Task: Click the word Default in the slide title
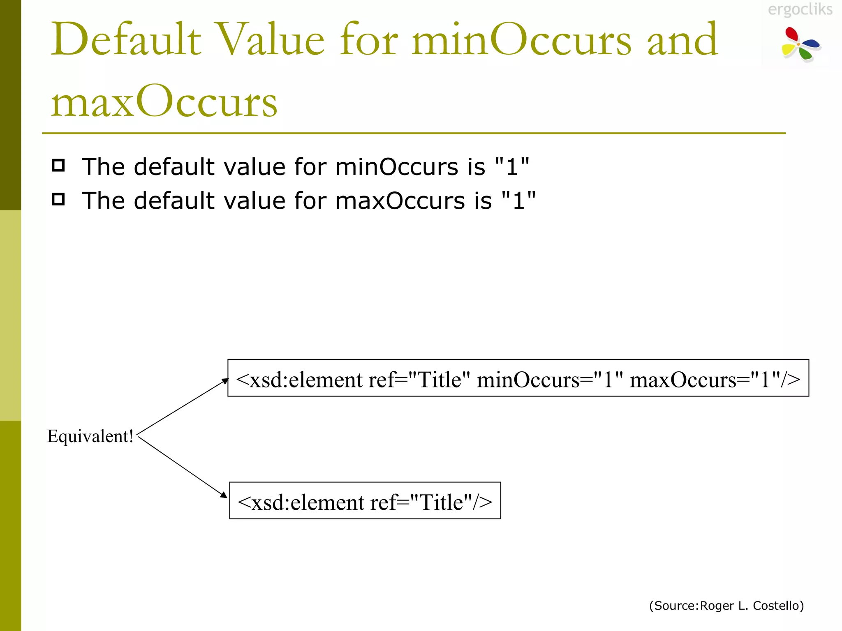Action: click(126, 39)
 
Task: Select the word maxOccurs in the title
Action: click(164, 101)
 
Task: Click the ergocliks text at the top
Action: click(800, 9)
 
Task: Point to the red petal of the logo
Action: click(791, 34)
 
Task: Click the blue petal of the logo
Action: click(812, 43)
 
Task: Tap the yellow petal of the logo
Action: click(788, 50)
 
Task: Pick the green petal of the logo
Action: click(806, 54)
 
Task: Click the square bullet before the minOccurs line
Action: click(58, 166)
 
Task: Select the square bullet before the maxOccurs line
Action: click(58, 199)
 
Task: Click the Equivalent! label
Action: click(90, 436)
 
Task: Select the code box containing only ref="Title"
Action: click(365, 501)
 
